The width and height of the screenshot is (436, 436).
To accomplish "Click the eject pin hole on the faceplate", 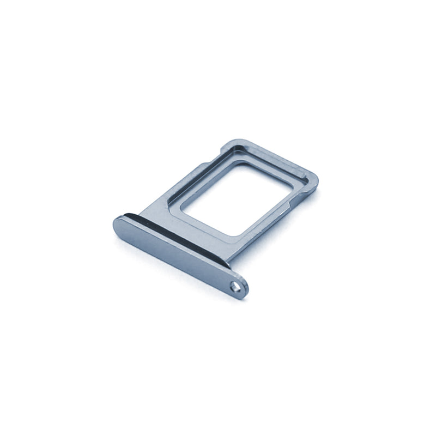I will point(237,285).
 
